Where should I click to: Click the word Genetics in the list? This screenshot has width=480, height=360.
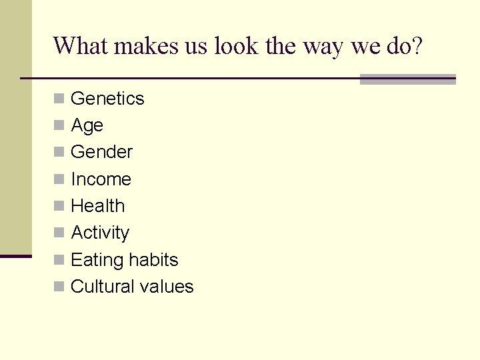click(x=107, y=99)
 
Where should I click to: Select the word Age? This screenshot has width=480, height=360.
click(x=87, y=126)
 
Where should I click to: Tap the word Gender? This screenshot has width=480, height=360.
click(x=101, y=152)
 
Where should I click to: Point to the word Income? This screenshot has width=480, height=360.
click(x=101, y=179)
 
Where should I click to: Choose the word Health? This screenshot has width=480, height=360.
click(x=97, y=206)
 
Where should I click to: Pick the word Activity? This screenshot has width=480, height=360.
click(x=100, y=233)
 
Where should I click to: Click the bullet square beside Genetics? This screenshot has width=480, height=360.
click(x=59, y=99)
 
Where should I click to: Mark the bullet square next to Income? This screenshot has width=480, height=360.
click(x=59, y=179)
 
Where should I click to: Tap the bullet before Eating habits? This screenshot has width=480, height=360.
click(x=59, y=260)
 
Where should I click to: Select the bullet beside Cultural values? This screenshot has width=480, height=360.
click(x=59, y=287)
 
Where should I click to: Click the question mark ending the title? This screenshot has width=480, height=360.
click(x=415, y=46)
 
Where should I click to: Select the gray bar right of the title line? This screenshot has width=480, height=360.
click(x=407, y=79)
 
